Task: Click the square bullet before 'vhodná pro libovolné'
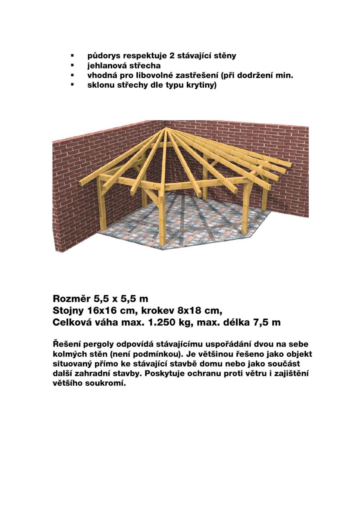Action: point(72,75)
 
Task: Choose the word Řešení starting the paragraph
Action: point(66,344)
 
